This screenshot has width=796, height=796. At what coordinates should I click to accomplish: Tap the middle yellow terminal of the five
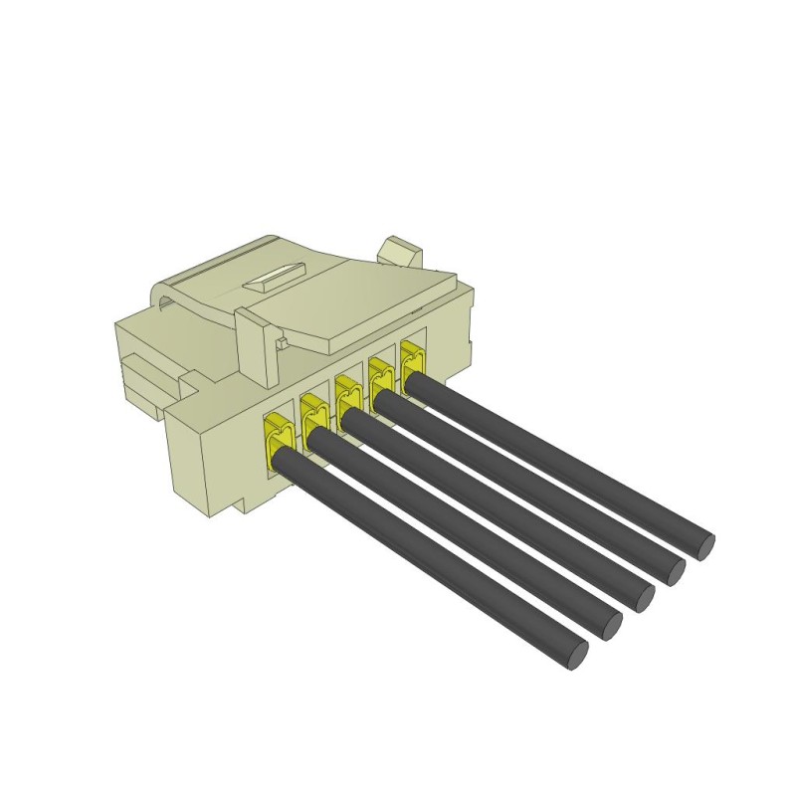[x=347, y=392]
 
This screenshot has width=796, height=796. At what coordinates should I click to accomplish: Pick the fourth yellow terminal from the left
[x=380, y=374]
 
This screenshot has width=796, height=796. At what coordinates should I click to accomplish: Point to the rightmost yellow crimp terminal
[x=412, y=356]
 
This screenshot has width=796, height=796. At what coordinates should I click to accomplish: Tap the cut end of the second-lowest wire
[x=610, y=625]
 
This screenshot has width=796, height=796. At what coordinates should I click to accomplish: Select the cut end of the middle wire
[x=642, y=596]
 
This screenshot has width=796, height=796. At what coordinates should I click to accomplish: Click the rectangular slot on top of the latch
[x=274, y=276]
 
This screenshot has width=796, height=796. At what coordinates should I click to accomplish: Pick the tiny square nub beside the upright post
[x=282, y=344]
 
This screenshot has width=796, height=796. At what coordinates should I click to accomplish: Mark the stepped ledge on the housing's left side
[x=149, y=383]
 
